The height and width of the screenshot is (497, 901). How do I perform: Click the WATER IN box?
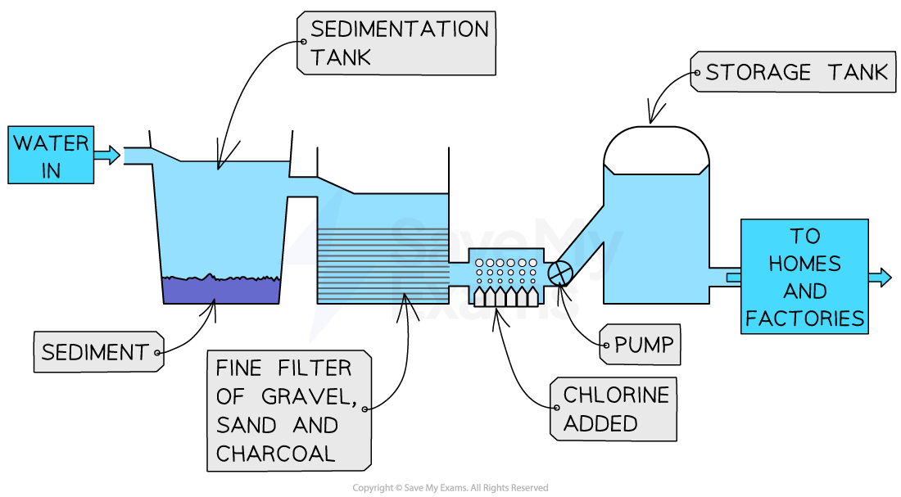[x=51, y=156]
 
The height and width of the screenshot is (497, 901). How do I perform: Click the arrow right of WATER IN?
[x=106, y=155]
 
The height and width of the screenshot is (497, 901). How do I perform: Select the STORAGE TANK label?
[x=795, y=73]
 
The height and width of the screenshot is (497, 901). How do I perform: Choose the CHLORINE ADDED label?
[x=615, y=409]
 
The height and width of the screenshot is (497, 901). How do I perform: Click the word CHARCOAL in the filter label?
[x=275, y=454]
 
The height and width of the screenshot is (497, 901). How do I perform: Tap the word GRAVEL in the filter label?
[x=308, y=396]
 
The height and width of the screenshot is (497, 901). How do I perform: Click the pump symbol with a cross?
[x=559, y=273]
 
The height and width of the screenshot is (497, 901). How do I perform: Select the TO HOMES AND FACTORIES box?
[x=804, y=277]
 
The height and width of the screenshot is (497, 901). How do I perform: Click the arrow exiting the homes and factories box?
[x=879, y=278]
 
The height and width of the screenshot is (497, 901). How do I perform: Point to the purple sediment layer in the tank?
[x=220, y=291]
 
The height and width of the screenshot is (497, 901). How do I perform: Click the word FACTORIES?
[x=804, y=319]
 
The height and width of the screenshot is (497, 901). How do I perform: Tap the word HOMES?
[x=805, y=264]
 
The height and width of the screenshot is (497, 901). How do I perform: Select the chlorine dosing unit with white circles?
[x=506, y=277]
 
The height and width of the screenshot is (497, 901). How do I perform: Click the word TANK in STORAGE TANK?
[x=858, y=73]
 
